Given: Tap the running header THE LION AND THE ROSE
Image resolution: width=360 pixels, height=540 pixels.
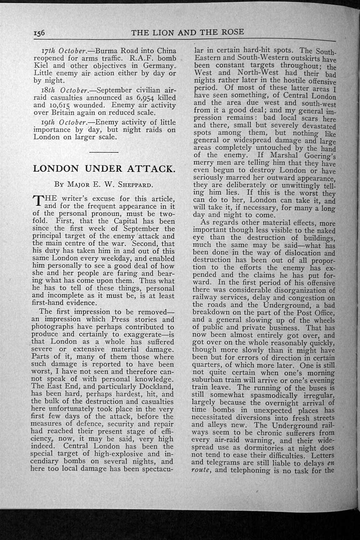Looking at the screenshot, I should pyautogui.click(x=187, y=32).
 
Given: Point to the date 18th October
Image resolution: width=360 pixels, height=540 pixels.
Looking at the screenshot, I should pyautogui.click(x=61, y=90).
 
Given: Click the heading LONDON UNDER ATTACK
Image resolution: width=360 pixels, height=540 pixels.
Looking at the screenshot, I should pyautogui.click(x=103, y=169).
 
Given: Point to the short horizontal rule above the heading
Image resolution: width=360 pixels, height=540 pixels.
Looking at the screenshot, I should pyautogui.click(x=104, y=152).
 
